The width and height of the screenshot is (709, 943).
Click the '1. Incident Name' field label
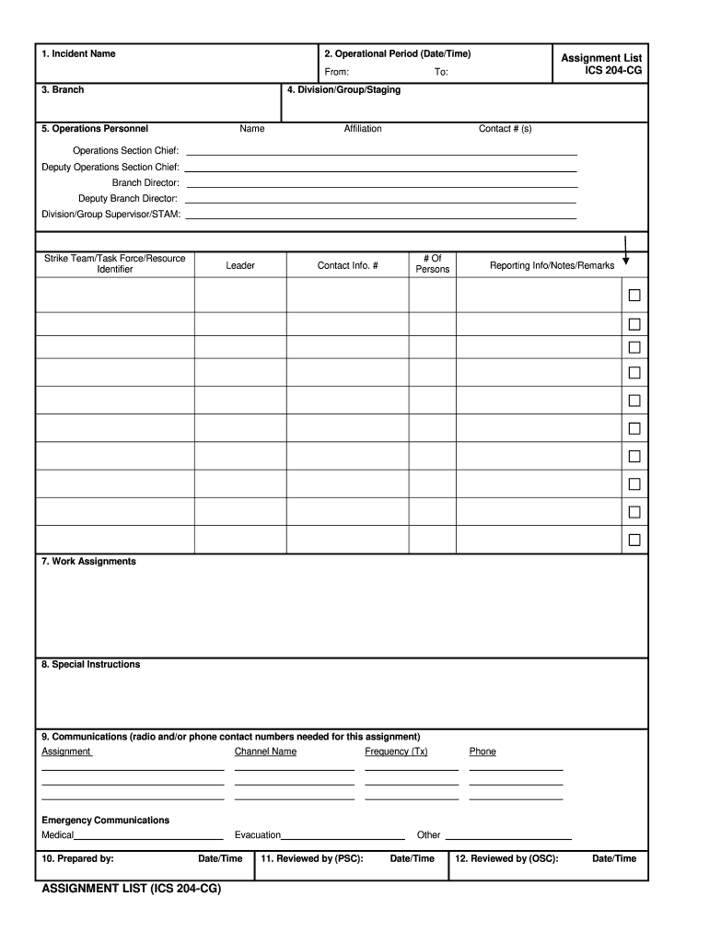pyautogui.click(x=78, y=54)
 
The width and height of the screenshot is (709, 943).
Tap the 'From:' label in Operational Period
pyautogui.click(x=336, y=72)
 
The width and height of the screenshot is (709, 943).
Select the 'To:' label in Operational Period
pyautogui.click(x=441, y=72)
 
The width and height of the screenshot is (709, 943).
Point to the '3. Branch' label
pyautogui.click(x=63, y=90)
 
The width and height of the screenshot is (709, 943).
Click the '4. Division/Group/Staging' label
pyautogui.click(x=343, y=90)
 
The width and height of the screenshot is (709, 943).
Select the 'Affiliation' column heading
pyautogui.click(x=363, y=129)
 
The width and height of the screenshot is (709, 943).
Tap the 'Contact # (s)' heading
pyautogui.click(x=505, y=129)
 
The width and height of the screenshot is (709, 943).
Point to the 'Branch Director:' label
pyautogui.click(x=145, y=183)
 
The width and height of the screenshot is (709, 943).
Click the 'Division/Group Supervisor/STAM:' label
pyautogui.click(x=111, y=215)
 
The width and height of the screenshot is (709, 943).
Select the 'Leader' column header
pyautogui.click(x=240, y=265)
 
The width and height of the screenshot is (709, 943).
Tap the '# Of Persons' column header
pyautogui.click(x=433, y=264)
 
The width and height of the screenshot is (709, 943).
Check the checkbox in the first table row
pyautogui.click(x=634, y=296)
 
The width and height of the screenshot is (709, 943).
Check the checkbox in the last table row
pyautogui.click(x=634, y=540)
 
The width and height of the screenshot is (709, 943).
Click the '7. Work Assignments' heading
pyautogui.click(x=88, y=562)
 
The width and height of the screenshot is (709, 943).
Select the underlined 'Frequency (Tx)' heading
pyautogui.click(x=396, y=751)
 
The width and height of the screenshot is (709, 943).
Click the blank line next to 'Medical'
pyautogui.click(x=149, y=838)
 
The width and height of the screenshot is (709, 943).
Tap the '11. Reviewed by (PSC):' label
pyautogui.click(x=312, y=858)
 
